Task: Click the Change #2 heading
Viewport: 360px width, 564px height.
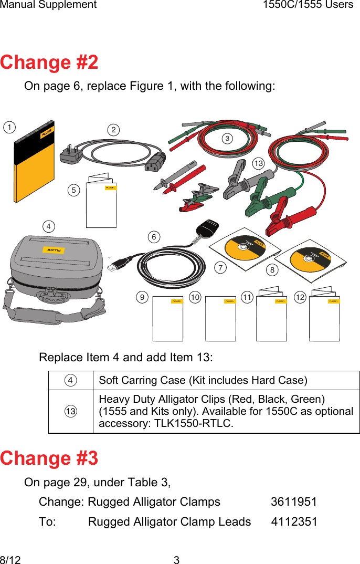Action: click(x=49, y=62)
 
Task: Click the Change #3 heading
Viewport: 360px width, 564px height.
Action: click(x=49, y=458)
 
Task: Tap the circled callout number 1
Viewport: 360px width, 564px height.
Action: click(x=9, y=127)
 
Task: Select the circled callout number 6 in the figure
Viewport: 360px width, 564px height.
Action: click(x=154, y=237)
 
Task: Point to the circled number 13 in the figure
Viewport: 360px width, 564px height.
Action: click(x=258, y=164)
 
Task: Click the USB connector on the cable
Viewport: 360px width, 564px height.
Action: click(x=114, y=266)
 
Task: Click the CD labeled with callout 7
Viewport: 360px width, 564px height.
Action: click(x=243, y=249)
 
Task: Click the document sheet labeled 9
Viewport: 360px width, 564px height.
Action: click(x=168, y=319)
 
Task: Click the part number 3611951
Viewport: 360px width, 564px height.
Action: click(x=293, y=502)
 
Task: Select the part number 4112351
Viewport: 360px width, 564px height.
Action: click(x=294, y=522)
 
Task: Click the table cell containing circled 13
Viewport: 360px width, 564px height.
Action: click(x=71, y=411)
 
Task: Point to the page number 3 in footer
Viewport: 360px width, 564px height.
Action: click(x=176, y=560)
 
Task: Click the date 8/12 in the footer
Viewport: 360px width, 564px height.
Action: click(x=10, y=560)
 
